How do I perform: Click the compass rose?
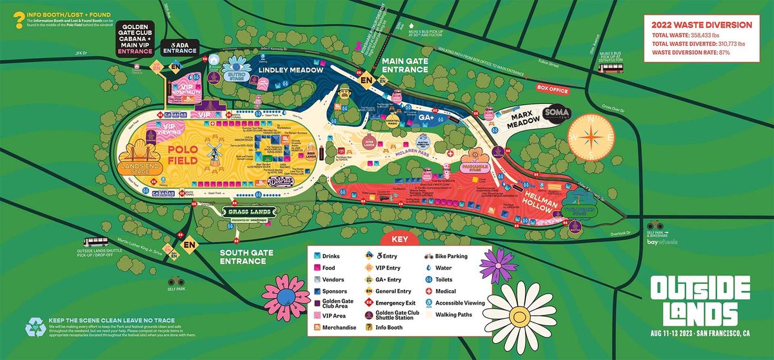[x=588, y=137]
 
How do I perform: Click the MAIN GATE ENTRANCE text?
[x=408, y=65]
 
